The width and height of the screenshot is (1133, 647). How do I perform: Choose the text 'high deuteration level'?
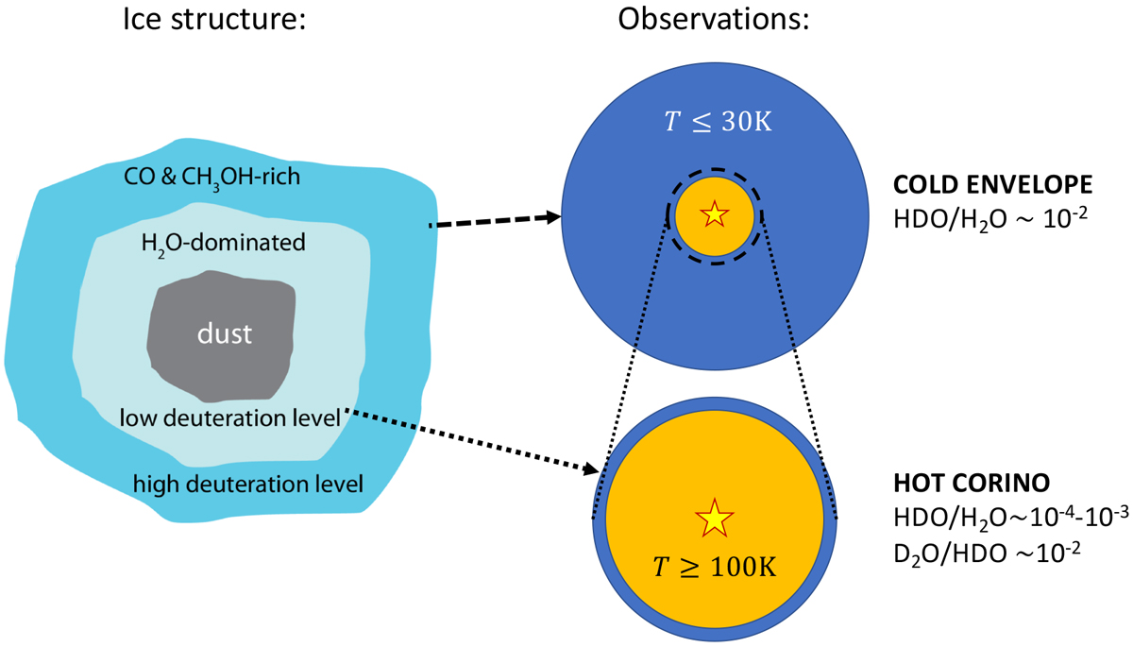click(x=248, y=485)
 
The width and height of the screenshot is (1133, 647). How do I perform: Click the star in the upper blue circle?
click(x=713, y=215)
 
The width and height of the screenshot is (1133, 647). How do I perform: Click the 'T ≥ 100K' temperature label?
click(x=714, y=566)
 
